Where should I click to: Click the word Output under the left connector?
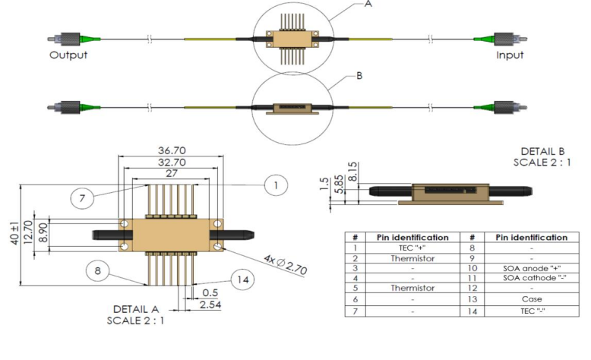pos(68,55)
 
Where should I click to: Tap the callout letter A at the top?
pos(368,4)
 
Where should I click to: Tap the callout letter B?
pos(358,77)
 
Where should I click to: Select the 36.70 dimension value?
pos(168,151)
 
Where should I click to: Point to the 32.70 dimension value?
pos(168,163)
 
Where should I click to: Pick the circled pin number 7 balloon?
pos(82,200)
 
